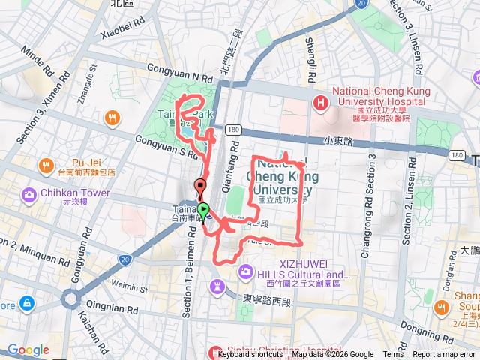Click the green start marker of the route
point(203,210)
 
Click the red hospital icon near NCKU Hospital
point(321,103)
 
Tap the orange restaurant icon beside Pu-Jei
point(46,166)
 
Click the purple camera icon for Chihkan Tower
point(29,196)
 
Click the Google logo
point(28,349)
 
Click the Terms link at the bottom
point(393,355)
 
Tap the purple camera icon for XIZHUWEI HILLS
point(244,270)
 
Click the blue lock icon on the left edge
point(27,303)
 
